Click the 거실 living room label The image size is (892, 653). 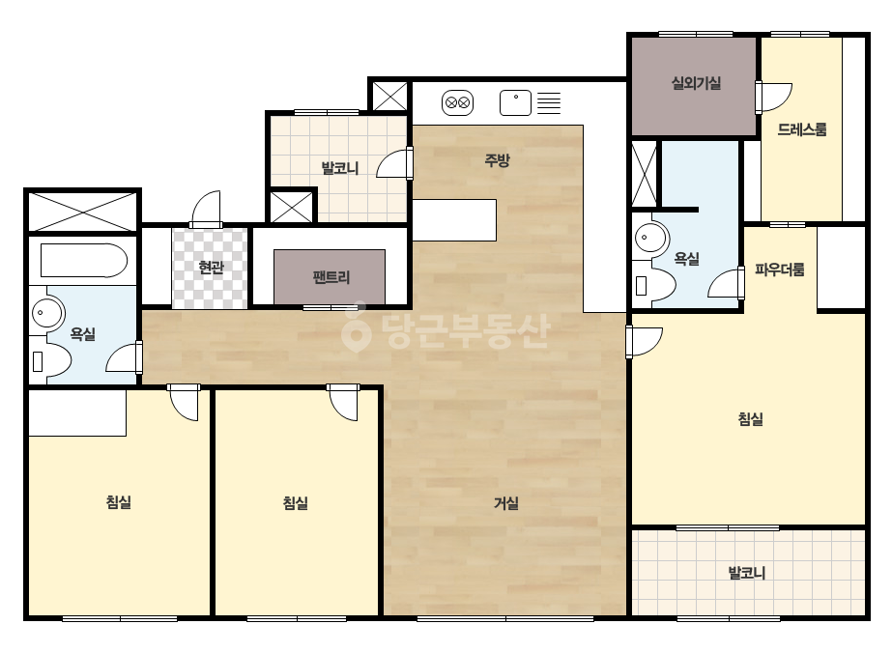505,503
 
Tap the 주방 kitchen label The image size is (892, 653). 497,160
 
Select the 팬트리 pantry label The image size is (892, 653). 331,277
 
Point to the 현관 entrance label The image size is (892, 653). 211,267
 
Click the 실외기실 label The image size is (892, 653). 697,83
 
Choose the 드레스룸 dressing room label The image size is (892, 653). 802,129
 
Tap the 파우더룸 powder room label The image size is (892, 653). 779,270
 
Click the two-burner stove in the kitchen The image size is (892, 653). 458,103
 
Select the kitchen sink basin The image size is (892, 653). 515,103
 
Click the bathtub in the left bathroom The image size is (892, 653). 84,261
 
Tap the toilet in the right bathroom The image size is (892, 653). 654,284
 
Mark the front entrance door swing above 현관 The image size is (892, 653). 206,209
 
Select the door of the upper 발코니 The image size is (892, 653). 394,163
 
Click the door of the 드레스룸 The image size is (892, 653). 774,98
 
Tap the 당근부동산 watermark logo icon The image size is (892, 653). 356,326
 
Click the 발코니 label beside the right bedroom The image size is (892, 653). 747,573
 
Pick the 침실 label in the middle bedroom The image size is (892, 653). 296,503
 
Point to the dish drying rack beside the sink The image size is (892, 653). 549,103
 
